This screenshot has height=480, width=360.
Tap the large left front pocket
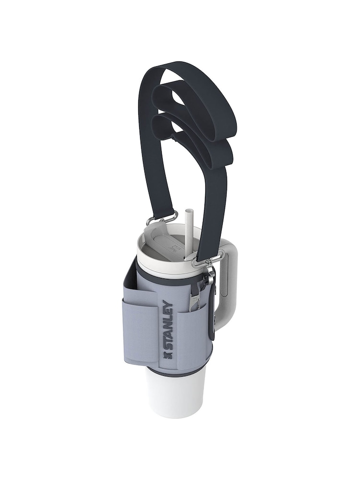(139, 331)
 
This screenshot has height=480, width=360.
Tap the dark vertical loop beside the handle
(212, 307)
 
